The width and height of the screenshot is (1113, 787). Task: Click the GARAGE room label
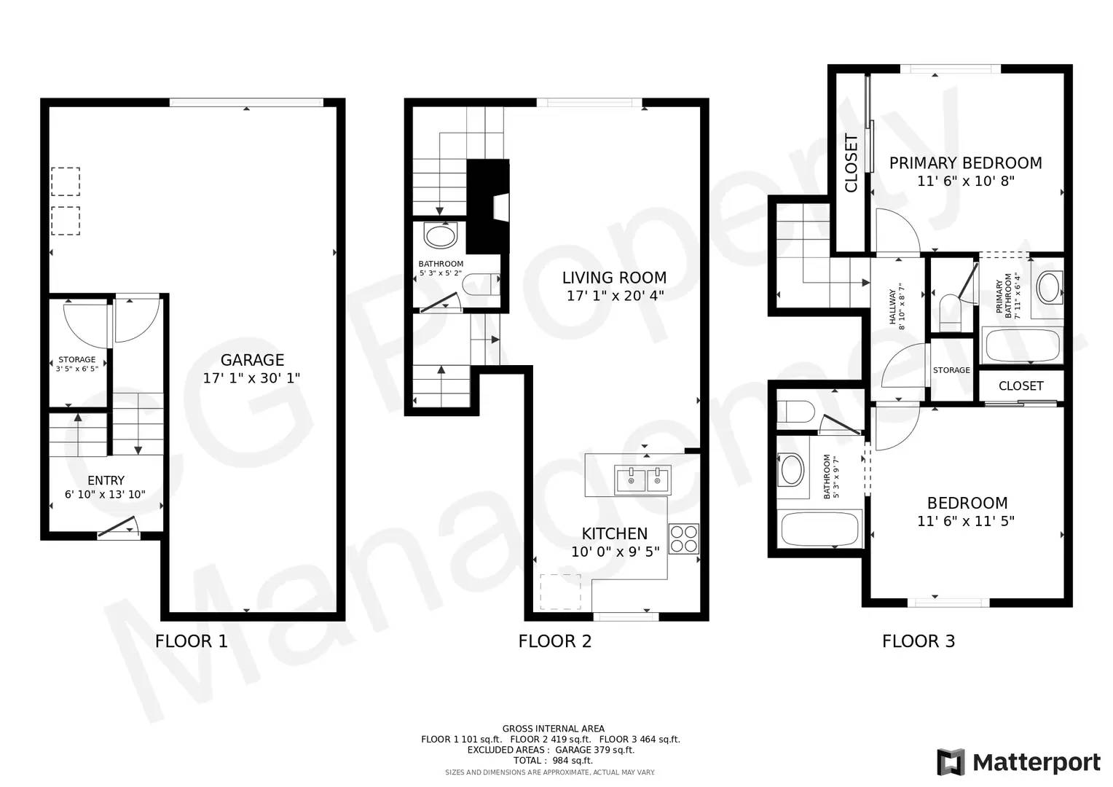point(252,360)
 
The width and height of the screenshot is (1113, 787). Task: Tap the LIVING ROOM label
point(614,278)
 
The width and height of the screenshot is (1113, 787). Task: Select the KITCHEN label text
point(615,533)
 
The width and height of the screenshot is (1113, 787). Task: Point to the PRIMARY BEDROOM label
point(965,163)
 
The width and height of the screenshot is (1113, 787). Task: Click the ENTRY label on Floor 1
point(106,480)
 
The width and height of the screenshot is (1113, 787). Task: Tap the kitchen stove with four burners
point(684,539)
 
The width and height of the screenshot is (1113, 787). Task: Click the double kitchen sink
point(642,480)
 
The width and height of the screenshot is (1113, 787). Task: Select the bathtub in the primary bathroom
point(1023,345)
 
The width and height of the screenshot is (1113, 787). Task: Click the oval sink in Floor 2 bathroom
point(440,235)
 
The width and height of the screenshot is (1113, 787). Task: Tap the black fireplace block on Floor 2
point(488,206)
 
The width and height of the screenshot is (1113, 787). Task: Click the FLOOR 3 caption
point(919,641)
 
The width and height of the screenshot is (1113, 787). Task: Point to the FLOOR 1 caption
point(192,641)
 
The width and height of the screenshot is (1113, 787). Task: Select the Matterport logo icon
point(951,762)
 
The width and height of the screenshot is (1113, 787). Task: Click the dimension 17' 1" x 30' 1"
point(251,378)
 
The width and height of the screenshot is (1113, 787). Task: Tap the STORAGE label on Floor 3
point(951,370)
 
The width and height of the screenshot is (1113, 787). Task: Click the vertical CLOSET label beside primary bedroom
point(852,163)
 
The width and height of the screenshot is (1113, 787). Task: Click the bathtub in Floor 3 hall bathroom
point(820,529)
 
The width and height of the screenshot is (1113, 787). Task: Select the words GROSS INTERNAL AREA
point(553,729)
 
